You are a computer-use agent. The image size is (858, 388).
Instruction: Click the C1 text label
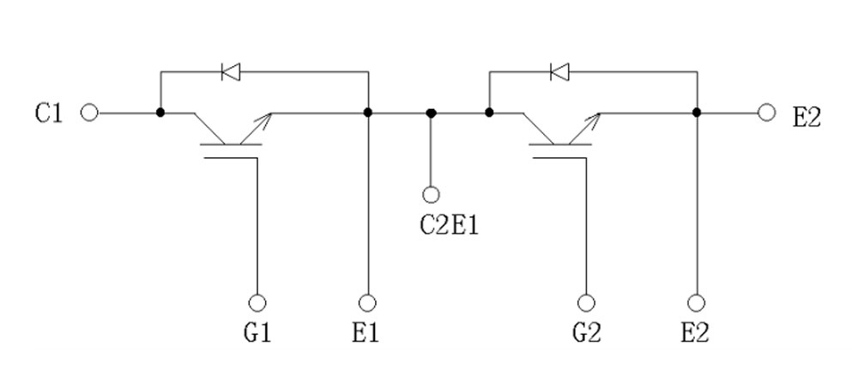(49, 113)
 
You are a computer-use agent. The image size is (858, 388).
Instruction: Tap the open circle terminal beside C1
(89, 112)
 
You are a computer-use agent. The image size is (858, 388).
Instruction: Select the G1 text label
(257, 331)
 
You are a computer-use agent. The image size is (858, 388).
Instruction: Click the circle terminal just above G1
(257, 302)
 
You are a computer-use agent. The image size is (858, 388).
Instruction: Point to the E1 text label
(366, 331)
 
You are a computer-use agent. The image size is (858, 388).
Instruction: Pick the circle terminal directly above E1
(367, 302)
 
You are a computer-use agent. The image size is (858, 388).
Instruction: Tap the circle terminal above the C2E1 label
(431, 195)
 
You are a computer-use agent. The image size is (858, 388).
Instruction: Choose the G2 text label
(586, 331)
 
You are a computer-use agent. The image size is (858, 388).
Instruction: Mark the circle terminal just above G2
(586, 302)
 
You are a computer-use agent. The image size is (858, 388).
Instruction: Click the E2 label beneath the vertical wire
(695, 331)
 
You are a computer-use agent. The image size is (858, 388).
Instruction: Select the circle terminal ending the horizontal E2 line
(767, 112)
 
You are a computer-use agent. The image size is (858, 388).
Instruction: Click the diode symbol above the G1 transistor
(230, 72)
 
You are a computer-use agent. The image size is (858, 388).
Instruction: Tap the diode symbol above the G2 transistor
(559, 72)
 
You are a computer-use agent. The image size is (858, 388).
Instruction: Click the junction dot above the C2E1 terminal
(431, 112)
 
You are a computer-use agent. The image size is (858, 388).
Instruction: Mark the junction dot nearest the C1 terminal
(160, 112)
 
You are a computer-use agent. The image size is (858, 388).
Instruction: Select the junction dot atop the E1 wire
(367, 112)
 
